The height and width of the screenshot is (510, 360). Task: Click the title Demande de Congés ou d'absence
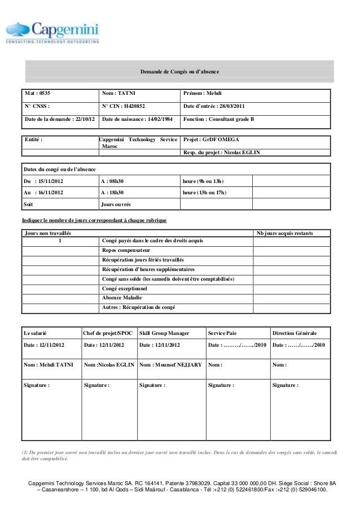(x=179, y=72)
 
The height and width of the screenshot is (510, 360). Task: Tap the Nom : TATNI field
(x=119, y=92)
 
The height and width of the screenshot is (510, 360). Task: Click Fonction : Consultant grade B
(x=219, y=120)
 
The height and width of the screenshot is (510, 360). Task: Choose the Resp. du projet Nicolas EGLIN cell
(x=222, y=152)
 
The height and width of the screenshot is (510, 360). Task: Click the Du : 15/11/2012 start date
(x=43, y=181)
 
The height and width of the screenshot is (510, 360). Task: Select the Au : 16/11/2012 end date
(x=43, y=193)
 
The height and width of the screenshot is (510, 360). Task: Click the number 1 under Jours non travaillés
(x=60, y=241)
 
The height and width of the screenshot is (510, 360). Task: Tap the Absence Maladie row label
(x=122, y=298)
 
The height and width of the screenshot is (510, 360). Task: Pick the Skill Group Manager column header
(x=164, y=333)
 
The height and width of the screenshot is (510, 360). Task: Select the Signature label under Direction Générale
(x=286, y=385)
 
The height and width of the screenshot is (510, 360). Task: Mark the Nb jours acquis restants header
(x=285, y=233)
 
